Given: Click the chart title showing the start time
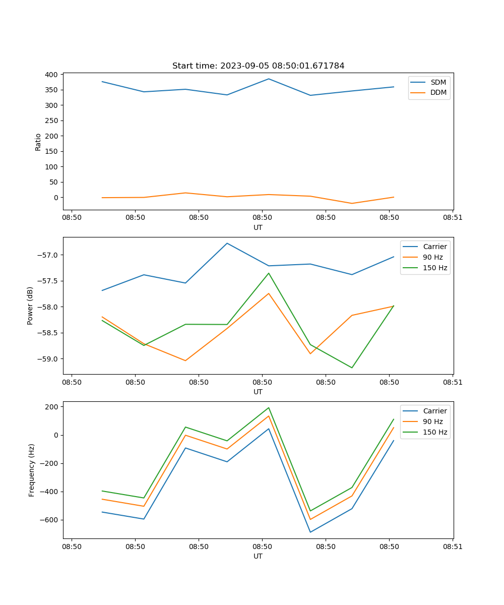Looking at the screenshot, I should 258,66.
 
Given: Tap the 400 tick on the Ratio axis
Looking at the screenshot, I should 51,75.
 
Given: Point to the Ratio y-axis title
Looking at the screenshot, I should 38,142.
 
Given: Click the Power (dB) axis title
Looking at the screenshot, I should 30,306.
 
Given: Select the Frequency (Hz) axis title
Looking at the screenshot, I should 31,470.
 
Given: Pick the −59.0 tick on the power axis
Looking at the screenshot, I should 47,359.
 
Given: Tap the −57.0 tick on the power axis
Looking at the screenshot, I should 47,255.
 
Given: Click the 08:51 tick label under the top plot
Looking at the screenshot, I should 452,218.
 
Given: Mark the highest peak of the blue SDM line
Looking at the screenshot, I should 269,79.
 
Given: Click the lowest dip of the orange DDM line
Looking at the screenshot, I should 352,203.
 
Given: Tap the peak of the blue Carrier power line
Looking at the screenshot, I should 227,243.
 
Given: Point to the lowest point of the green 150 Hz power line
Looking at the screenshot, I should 352,368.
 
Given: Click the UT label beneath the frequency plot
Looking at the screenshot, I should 258,556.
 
